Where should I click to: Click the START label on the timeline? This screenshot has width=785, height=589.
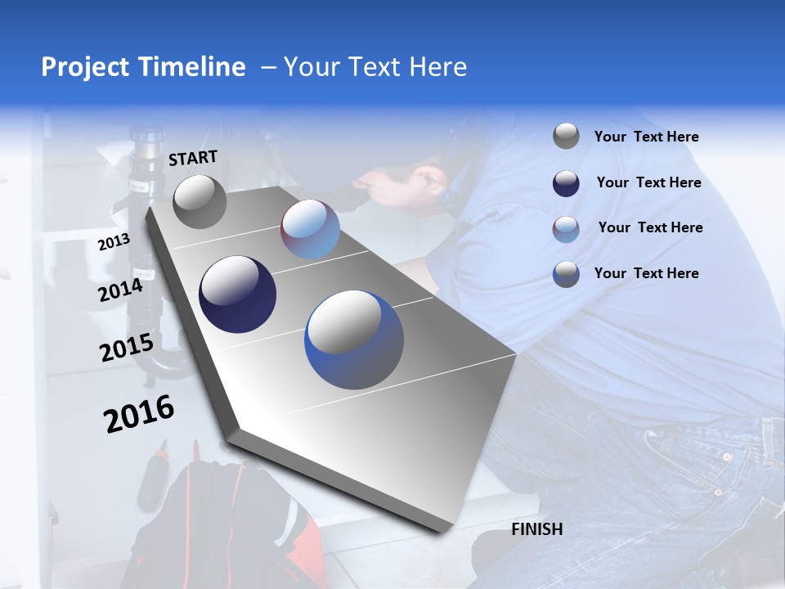point(193,158)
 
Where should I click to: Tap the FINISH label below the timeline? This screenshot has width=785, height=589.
point(536,529)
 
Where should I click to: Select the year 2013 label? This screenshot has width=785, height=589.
point(114,241)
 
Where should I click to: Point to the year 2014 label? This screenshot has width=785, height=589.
point(120,290)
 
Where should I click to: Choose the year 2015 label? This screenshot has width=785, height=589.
point(126,348)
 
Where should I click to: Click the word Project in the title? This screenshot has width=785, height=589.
point(83,67)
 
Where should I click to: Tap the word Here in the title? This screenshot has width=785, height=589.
point(437,67)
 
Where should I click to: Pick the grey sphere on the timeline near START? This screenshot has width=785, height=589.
point(200,202)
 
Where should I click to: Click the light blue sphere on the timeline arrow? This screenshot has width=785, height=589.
point(310,230)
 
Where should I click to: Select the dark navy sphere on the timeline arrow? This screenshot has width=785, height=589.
point(238,294)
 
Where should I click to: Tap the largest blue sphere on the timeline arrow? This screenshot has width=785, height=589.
point(354,339)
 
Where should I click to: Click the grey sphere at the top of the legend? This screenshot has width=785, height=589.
point(566,137)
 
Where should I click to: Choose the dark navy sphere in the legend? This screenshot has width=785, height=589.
point(566,183)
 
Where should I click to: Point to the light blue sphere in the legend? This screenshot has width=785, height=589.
point(566,228)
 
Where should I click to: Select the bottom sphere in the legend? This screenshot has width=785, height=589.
point(566,274)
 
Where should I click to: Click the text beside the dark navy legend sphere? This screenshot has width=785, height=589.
point(648,182)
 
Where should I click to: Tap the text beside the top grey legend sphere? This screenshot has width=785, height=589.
point(646,137)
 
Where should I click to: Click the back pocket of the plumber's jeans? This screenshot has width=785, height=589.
point(711,466)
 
